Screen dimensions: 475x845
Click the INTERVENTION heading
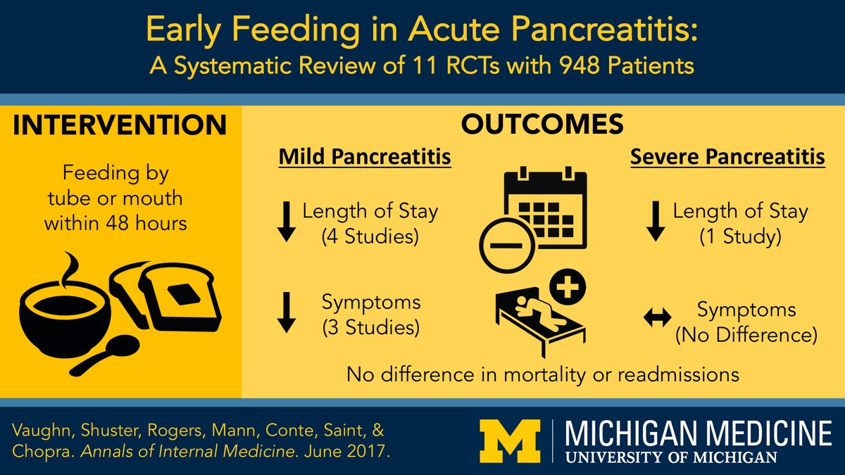(x=120, y=125)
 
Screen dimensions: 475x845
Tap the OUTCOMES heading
(x=542, y=125)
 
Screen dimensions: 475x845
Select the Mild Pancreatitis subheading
(x=365, y=158)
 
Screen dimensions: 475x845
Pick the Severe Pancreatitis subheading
(x=727, y=158)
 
